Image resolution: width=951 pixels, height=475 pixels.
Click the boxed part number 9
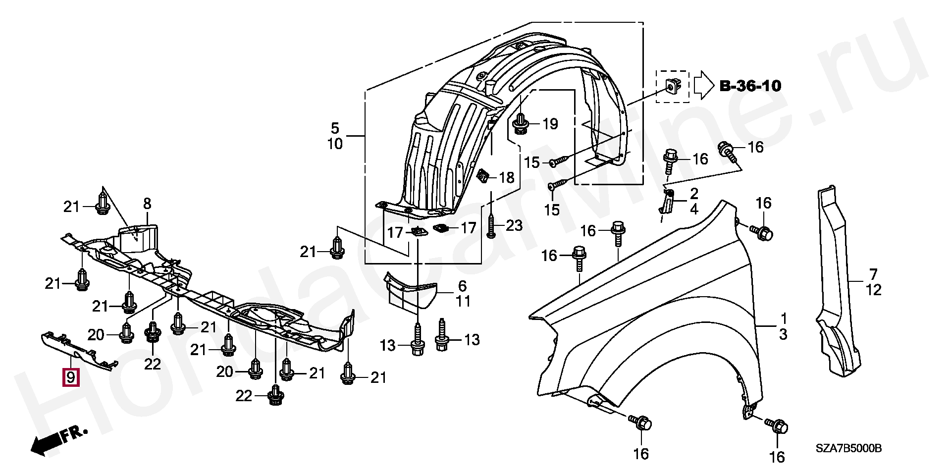coord(70,377)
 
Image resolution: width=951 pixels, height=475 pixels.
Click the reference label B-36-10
coord(750,86)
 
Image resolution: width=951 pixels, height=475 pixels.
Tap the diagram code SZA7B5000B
coord(848,449)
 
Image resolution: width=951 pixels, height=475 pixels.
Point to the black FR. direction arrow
coord(59,439)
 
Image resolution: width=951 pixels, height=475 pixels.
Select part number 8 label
coord(147,204)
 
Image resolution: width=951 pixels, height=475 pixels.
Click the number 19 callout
coord(550,124)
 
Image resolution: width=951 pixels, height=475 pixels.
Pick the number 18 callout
coord(506,177)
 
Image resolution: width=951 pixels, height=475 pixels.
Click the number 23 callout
coord(514,226)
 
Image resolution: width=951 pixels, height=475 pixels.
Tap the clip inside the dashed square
coord(672,88)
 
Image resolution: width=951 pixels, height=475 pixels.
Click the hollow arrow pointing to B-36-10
coord(703,85)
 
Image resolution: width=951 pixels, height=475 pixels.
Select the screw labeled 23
coord(491,225)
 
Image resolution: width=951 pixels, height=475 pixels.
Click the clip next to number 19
coord(520,123)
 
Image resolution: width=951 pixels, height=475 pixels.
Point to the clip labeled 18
coord(483,175)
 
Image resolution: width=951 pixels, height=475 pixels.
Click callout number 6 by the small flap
coord(462,286)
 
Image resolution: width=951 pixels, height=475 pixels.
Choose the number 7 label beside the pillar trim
coord(873,274)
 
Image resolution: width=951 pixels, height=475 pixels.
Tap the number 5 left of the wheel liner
coord(335,129)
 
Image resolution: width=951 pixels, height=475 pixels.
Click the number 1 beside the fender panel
coord(784,317)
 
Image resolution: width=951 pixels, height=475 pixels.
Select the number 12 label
coord(874,290)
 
